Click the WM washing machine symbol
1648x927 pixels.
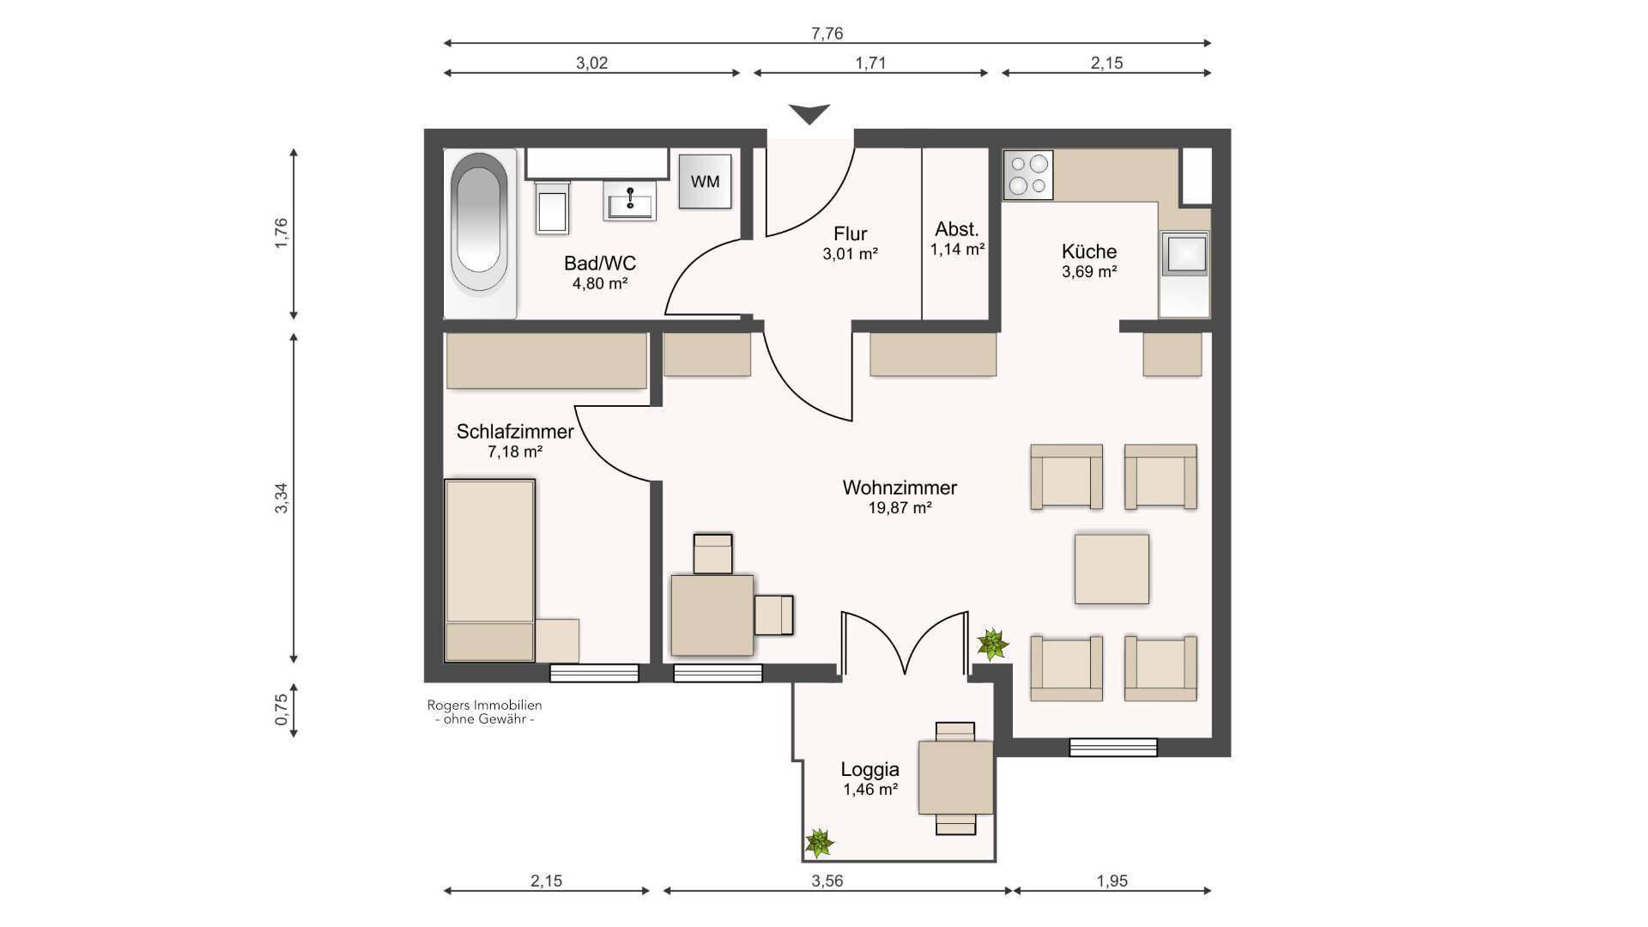[705, 181]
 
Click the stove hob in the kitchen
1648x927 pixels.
[1028, 175]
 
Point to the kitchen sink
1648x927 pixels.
[1184, 256]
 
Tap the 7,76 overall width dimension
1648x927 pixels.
[827, 33]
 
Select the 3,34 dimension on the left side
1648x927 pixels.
[282, 498]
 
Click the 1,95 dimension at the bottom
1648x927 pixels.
[1112, 881]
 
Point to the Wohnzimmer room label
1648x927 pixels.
[900, 488]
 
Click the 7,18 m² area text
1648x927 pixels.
[515, 451]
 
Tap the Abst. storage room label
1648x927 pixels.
[957, 229]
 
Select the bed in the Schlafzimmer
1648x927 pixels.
[490, 570]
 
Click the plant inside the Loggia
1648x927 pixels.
[819, 843]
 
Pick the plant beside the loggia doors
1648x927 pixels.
[992, 644]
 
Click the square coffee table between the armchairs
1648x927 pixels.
[1112, 569]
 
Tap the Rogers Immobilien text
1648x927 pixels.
[485, 706]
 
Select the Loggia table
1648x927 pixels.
[955, 778]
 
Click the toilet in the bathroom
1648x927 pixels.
[552, 209]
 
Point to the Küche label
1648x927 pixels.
[1089, 251]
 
